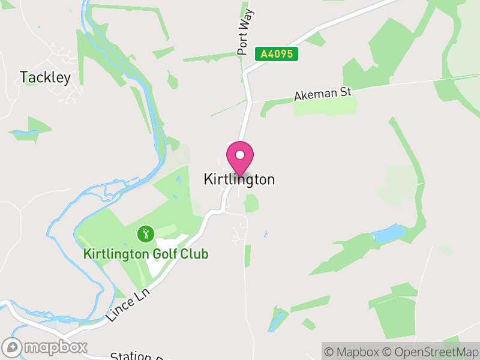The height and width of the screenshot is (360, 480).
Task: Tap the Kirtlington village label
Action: coord(239,179)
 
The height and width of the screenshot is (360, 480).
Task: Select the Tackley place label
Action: coord(45,77)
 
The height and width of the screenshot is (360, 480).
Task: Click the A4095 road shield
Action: coord(277,54)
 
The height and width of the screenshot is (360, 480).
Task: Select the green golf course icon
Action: coord(145,233)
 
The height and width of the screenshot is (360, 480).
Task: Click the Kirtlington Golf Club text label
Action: coord(146,254)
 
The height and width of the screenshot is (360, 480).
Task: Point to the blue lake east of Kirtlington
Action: coord(389,233)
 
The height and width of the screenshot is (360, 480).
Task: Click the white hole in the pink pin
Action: coord(240,155)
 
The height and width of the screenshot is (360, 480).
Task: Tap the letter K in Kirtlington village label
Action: coord(208,179)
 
